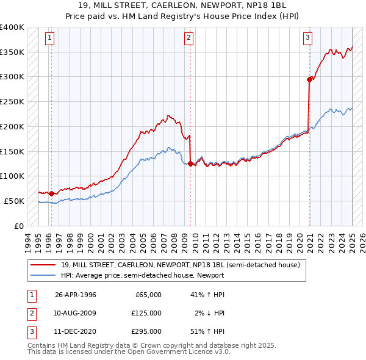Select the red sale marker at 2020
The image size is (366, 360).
pyautogui.click(x=309, y=79)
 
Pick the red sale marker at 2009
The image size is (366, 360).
pyautogui.click(x=191, y=164)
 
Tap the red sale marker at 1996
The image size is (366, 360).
pyautogui.click(x=51, y=193)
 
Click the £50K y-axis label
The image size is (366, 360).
pyautogui.click(x=14, y=201)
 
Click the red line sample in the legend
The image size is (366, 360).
pyautogui.click(x=43, y=265)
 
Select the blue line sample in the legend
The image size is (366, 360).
pyautogui.click(x=43, y=275)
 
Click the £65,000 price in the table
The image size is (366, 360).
pyautogui.click(x=147, y=295)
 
